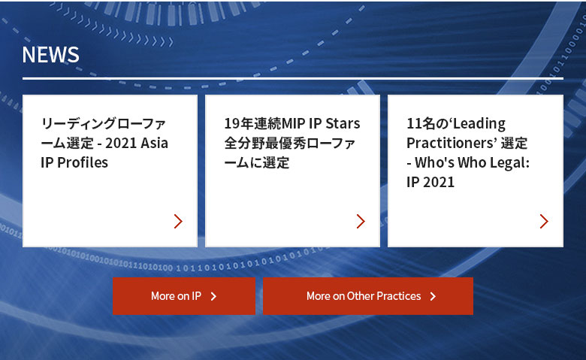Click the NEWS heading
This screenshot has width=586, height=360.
50,55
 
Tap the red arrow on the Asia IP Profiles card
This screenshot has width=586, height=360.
178,221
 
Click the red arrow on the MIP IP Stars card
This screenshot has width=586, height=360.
361,221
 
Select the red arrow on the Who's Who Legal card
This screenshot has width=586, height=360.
544,221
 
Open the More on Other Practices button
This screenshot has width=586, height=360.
367,296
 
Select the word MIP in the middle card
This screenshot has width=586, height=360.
293,124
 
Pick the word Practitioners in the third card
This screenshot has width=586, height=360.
452,144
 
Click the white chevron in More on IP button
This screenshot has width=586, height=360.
213,296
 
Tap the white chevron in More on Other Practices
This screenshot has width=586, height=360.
433,296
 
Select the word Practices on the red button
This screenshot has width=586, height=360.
398,296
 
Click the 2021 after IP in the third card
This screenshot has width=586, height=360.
439,183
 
